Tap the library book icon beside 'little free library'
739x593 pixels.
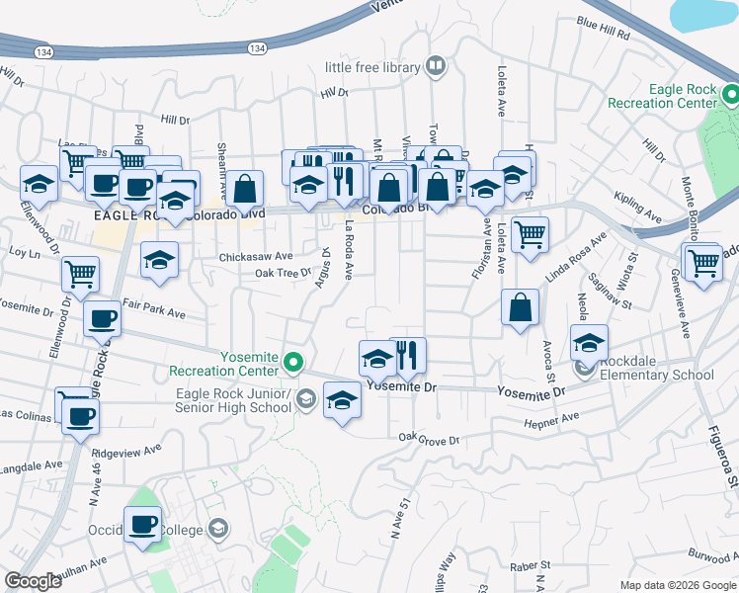tap(436, 66)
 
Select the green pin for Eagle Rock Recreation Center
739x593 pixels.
tap(730, 95)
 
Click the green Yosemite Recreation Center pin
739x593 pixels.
tap(292, 364)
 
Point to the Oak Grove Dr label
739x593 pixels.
tap(430, 438)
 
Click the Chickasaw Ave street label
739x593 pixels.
tap(256, 255)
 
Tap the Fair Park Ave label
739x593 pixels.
tap(162, 312)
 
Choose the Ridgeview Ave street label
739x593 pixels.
tap(125, 452)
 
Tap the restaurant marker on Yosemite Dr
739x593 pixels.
tap(407, 356)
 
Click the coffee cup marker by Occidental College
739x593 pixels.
tap(143, 524)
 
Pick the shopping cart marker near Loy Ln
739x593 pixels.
tap(80, 273)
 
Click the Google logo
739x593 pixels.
tap(33, 581)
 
